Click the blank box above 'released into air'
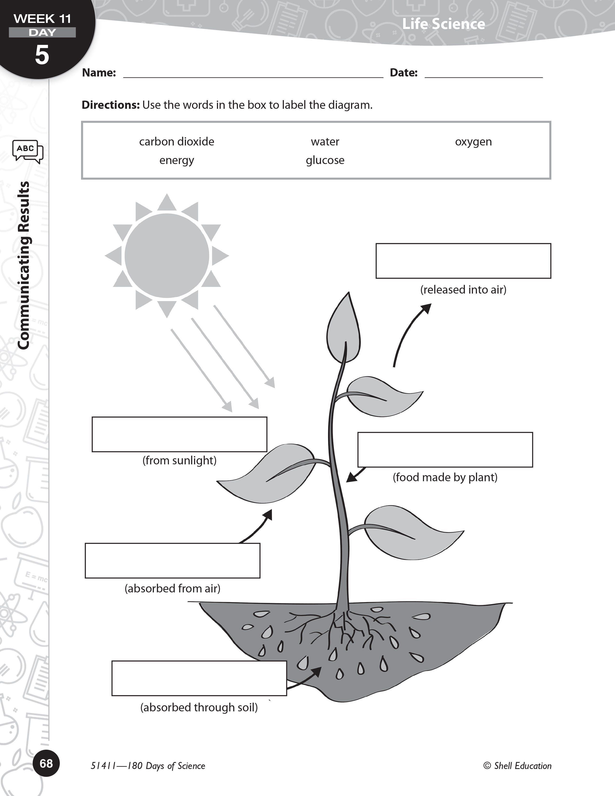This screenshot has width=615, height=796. point(463,261)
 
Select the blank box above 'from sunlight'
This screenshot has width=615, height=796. point(179,434)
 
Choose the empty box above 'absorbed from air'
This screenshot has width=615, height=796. point(172,561)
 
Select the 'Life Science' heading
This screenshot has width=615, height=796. point(443,24)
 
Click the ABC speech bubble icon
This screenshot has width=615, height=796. point(28,151)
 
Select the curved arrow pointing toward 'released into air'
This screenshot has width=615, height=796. point(409,334)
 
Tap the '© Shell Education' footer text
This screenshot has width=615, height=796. point(517,766)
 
